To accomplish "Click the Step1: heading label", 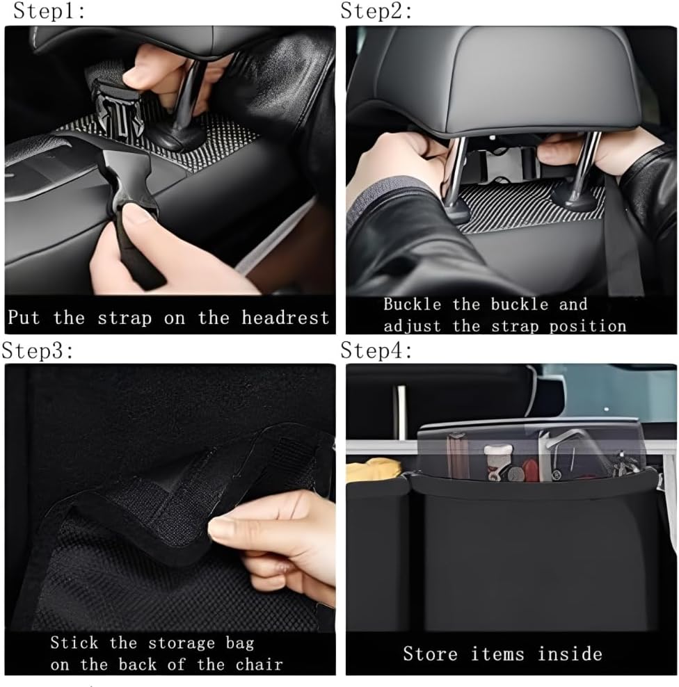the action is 49,11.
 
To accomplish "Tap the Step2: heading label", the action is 376,11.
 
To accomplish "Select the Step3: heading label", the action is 38,350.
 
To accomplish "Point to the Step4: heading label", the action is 376,350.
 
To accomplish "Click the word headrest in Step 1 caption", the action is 285,318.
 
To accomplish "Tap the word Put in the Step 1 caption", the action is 24,317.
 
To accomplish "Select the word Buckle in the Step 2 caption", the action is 412,304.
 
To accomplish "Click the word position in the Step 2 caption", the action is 588,327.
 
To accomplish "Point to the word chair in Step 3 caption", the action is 259,665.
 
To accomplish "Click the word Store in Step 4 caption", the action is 431,654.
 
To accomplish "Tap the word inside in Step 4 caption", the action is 570,654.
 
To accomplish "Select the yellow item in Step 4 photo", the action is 373,469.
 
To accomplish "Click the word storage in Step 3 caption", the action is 182,643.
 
